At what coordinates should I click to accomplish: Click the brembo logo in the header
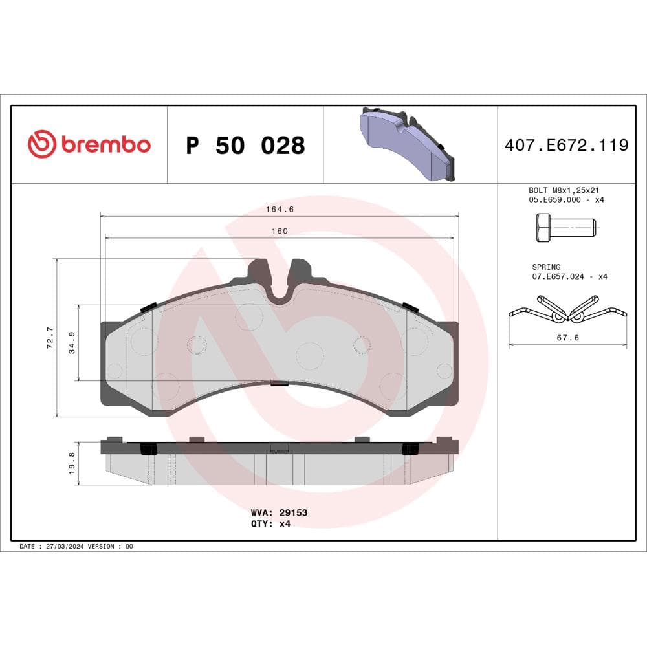pos(89,144)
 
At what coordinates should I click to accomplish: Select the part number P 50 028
pos(245,146)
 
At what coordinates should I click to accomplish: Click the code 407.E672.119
pos(566,145)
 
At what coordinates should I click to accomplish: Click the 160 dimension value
pos(279,230)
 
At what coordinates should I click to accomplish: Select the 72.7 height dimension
pos(50,338)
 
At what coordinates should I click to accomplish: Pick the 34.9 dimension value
pos(72,343)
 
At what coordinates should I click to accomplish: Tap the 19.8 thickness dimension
pos(72,463)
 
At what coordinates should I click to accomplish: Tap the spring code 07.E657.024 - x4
pos(569,276)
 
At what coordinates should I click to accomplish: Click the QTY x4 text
pos(270,523)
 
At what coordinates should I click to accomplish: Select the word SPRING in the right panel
pos(546,267)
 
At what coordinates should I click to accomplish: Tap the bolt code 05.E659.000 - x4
pos(566,200)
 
